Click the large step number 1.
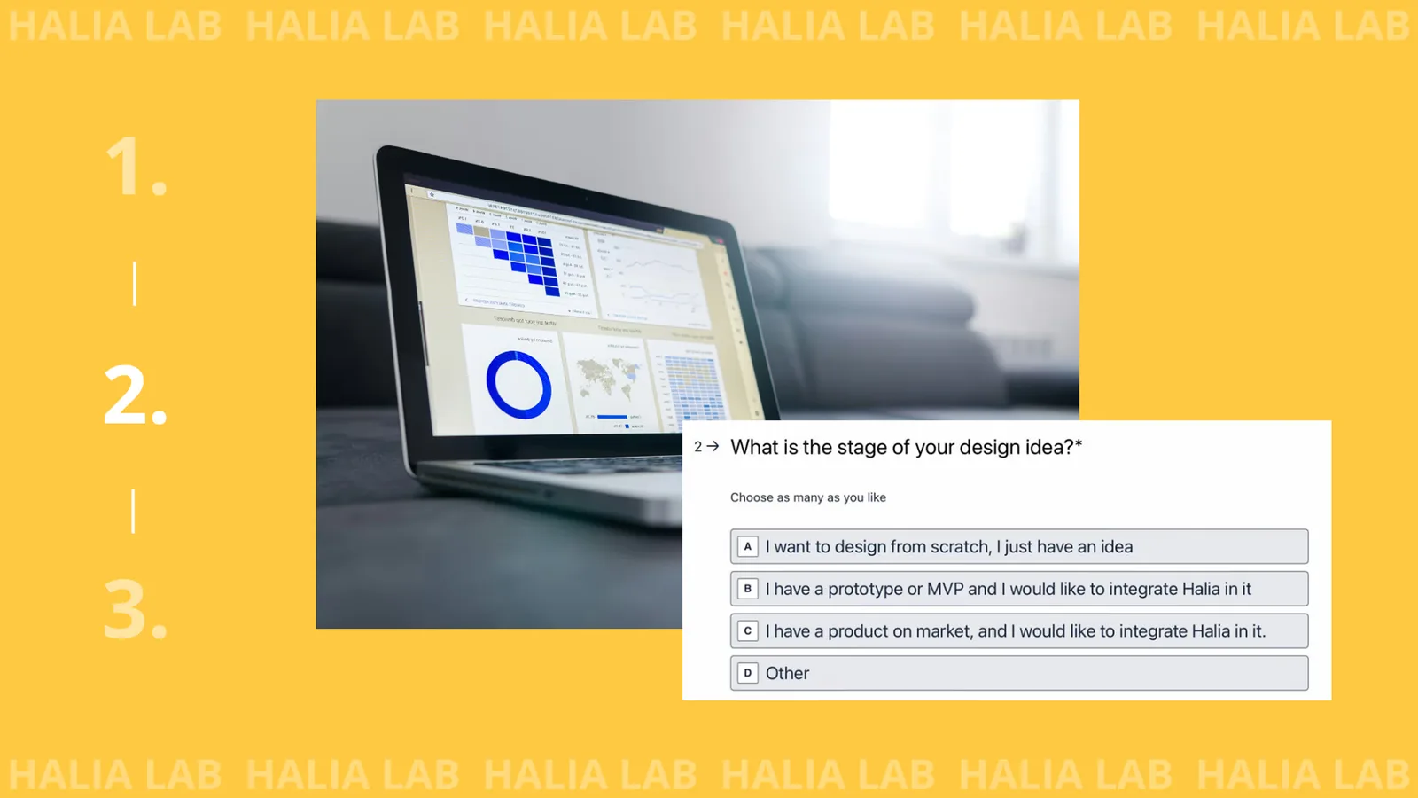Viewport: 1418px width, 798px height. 135,166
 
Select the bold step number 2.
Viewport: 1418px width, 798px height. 135,395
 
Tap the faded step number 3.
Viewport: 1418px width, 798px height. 135,610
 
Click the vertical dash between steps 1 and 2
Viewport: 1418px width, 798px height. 135,284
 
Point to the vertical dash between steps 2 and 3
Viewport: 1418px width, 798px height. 134,511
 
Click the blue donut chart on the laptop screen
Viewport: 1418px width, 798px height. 518,385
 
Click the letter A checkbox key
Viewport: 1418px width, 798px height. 748,547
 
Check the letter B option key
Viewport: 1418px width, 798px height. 748,589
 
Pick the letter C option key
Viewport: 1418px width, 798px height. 748,631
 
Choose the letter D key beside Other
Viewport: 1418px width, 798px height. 748,673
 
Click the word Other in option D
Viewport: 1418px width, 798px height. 787,674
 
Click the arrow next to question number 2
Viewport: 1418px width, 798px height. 713,447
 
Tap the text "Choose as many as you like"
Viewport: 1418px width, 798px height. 807,497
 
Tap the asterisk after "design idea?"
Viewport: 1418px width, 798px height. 1079,443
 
